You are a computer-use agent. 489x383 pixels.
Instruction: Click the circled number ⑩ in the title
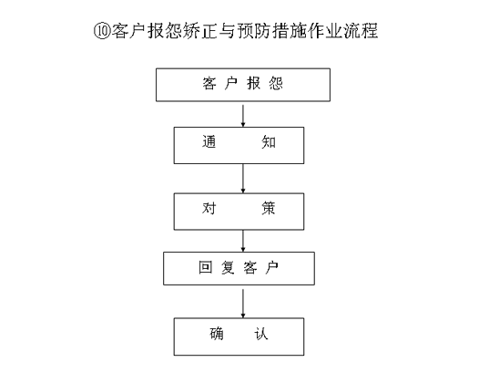click(102, 31)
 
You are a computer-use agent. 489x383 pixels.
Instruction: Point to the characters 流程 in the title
click(361, 31)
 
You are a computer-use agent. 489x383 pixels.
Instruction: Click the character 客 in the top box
click(209, 83)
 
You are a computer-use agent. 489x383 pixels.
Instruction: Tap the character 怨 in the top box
click(276, 83)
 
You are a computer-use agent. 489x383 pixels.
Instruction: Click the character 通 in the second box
click(209, 142)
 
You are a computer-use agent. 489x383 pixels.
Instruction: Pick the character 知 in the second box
click(269, 142)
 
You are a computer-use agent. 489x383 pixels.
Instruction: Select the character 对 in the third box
click(209, 208)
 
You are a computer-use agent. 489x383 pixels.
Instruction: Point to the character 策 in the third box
click(269, 208)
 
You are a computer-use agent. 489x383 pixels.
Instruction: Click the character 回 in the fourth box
click(206, 267)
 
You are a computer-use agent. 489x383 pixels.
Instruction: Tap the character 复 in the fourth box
click(228, 267)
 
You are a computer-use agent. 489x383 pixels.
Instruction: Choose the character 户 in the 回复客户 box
click(272, 267)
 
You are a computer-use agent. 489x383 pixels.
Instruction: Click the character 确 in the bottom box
click(217, 334)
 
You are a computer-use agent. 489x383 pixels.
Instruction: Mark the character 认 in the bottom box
click(261, 334)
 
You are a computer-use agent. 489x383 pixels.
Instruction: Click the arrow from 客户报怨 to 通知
click(243, 116)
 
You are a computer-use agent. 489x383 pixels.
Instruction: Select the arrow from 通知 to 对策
click(243, 179)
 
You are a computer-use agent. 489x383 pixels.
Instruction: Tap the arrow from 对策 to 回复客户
click(243, 241)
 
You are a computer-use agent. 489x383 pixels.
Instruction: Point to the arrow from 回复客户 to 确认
click(243, 304)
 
